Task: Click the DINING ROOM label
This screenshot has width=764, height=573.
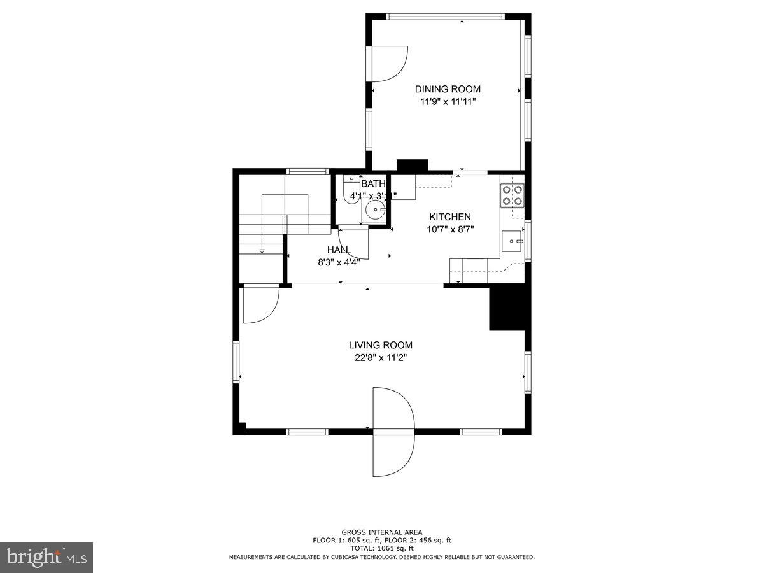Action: (448, 89)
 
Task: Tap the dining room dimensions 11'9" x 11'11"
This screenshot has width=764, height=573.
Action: (448, 102)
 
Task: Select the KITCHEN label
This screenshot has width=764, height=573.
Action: (449, 217)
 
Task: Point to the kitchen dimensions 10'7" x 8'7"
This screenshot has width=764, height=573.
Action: (449, 230)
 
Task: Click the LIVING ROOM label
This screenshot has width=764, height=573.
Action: (380, 345)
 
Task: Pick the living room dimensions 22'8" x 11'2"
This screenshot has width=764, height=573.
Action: (380, 358)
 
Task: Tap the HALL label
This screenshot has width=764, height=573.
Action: (338, 250)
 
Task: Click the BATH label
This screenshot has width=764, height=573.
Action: (373, 184)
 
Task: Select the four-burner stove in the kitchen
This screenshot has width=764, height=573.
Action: (512, 195)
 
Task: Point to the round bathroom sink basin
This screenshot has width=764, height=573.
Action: (375, 209)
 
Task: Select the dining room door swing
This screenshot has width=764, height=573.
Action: (387, 64)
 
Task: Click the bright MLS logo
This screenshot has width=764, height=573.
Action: (46, 558)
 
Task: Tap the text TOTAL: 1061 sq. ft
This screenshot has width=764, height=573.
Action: (382, 548)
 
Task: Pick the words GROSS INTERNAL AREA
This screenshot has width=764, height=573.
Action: (382, 532)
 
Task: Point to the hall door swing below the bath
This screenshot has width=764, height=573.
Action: (355, 244)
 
